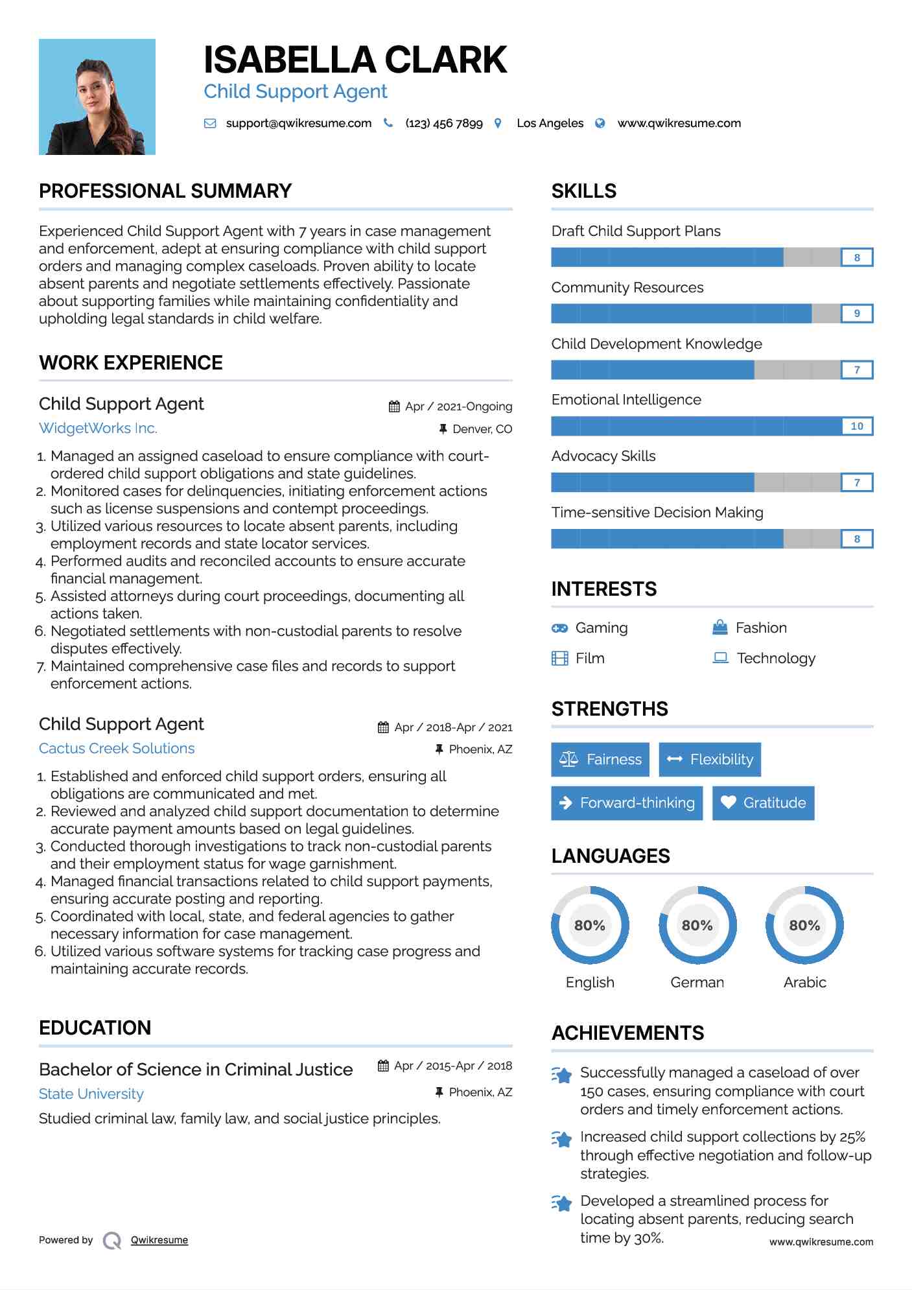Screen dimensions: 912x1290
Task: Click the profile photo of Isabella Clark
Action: (x=97, y=97)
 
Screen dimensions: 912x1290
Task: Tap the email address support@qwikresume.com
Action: (x=298, y=123)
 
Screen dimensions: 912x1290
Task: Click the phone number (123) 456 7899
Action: (x=444, y=123)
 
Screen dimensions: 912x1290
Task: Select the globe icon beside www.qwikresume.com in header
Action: (x=600, y=123)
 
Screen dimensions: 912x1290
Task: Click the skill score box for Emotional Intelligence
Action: (x=857, y=426)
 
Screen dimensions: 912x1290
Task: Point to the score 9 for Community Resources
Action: (x=857, y=314)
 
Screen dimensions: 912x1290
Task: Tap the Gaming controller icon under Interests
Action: (x=559, y=628)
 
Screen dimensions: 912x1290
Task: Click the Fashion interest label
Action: (x=761, y=628)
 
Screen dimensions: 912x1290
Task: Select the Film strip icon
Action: (x=559, y=659)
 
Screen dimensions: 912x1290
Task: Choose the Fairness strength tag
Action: (x=600, y=759)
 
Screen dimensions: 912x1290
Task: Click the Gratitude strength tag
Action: (x=763, y=803)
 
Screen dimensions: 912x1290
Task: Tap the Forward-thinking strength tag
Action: (x=627, y=803)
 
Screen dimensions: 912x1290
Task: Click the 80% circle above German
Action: (x=697, y=925)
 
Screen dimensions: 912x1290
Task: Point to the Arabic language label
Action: (x=804, y=982)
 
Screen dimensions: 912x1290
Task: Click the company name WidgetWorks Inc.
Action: (x=98, y=428)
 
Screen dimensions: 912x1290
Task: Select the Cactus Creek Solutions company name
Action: (x=117, y=749)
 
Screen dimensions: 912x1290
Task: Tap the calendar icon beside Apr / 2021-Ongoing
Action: (x=394, y=406)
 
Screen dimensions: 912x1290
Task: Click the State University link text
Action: (x=91, y=1094)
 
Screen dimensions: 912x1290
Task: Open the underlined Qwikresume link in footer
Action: (x=159, y=1240)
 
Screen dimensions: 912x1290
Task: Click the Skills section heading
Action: (x=584, y=191)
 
